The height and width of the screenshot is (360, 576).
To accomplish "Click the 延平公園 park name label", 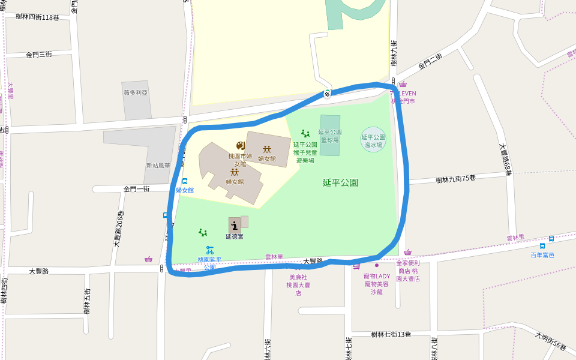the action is coord(340,182).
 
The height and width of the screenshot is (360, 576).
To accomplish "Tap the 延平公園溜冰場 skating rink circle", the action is coord(373,140).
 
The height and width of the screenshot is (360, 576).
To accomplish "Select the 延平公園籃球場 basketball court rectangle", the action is coord(330,136).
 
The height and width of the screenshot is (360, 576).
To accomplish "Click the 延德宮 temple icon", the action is coord(234,225).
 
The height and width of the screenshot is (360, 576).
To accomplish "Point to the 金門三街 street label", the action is coord(39,55).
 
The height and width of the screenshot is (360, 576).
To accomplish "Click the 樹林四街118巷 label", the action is coord(38,17).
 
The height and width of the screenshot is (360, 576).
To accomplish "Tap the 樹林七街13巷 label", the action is coord(391,334).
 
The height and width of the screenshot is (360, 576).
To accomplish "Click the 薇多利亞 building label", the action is coord(136,93).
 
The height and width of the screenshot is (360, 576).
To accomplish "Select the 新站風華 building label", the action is coord(158,166).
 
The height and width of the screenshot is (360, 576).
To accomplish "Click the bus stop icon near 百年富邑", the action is coord(542,245).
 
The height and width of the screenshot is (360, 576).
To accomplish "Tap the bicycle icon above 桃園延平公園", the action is coord(209,250).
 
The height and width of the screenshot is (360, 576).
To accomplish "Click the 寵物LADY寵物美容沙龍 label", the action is coord(376,284).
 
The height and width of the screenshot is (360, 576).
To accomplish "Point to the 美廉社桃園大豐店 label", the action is coord(298,285).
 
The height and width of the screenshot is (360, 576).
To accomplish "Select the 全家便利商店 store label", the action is coord(408,271).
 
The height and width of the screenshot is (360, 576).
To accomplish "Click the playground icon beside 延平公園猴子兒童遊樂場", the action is coord(305,134).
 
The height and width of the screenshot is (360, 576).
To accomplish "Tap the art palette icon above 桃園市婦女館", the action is coord(240,146).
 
